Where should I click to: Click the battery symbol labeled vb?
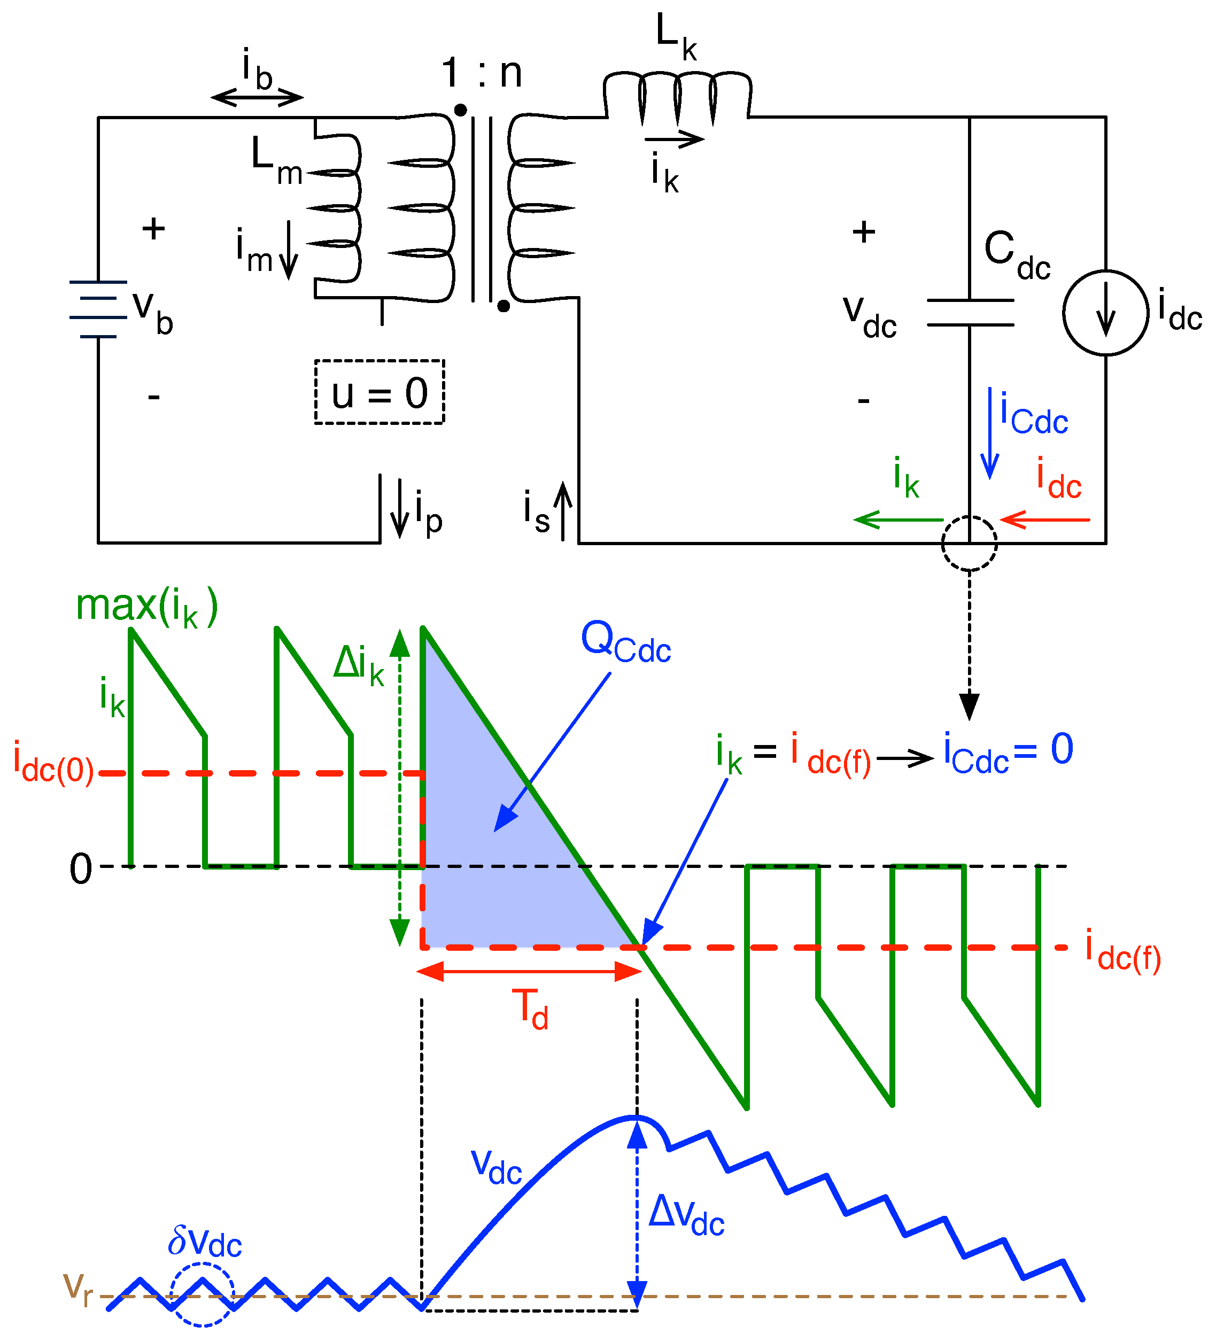click(98, 309)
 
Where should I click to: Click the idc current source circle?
click(1105, 312)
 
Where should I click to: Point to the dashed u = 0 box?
click(379, 392)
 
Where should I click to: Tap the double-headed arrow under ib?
click(257, 97)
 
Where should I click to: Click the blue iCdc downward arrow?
click(990, 433)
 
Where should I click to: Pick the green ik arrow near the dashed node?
click(898, 519)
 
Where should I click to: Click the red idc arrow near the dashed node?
click(1045, 519)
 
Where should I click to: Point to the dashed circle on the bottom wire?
click(969, 543)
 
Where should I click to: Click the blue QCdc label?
click(625, 642)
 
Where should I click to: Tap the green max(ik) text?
click(146, 607)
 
